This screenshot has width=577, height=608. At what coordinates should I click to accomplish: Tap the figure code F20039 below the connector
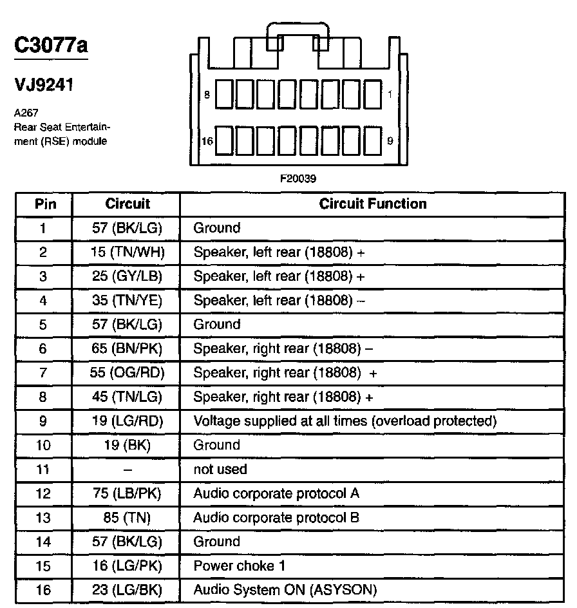coord(298,178)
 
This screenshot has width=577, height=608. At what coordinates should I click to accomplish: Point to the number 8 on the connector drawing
coord(207,95)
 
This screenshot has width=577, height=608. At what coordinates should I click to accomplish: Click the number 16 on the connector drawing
coord(207,141)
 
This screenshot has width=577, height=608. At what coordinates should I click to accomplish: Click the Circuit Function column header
coord(373,204)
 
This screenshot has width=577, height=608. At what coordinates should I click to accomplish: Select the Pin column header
coord(44,204)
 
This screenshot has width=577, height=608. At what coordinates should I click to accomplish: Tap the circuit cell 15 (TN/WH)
coord(128,252)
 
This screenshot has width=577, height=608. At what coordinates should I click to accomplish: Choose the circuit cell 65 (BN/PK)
coord(128,349)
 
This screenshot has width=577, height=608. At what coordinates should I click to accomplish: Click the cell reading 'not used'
coord(220,470)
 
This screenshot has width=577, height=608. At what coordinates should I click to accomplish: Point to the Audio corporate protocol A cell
coord(276,494)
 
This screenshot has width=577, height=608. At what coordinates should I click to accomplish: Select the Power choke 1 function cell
coord(240,566)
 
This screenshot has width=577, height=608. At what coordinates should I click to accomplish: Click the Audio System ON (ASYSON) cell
coord(285,590)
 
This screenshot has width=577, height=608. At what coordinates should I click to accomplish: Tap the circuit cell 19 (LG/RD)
coord(128,421)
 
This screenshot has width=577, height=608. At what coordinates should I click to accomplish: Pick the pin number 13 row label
coord(43,518)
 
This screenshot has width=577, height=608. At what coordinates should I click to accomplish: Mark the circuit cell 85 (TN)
coord(128,518)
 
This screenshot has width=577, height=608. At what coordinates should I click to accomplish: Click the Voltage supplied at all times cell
coord(345,421)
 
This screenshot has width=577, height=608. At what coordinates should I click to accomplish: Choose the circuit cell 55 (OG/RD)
coord(128,373)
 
